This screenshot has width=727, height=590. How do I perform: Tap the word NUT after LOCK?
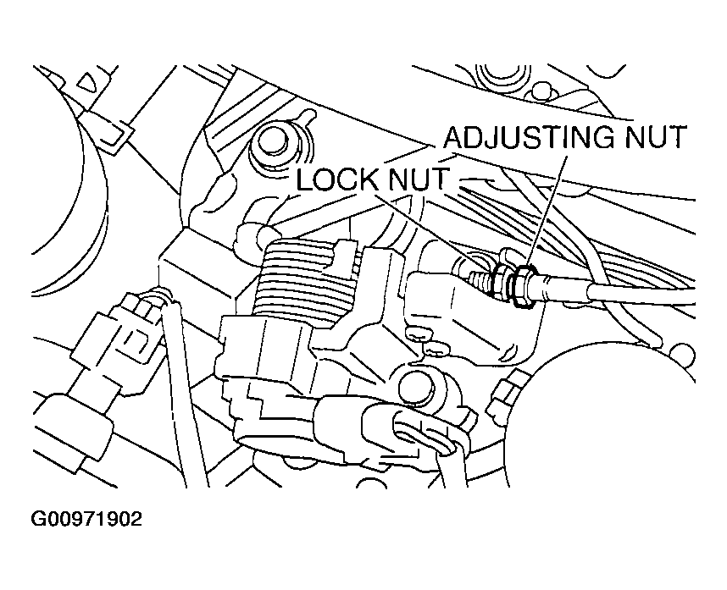pyautogui.click(x=428, y=180)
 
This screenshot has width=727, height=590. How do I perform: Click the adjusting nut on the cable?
pyautogui.click(x=522, y=279)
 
